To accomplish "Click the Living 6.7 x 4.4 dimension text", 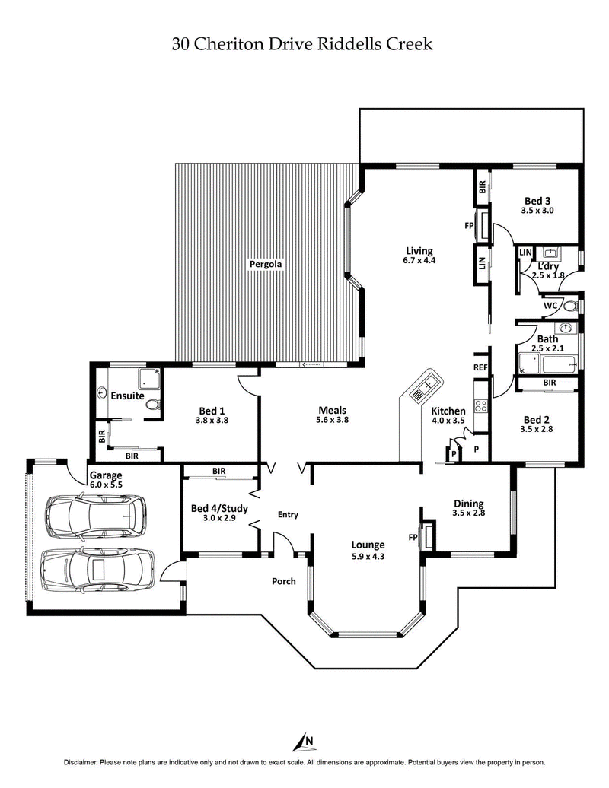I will (x=419, y=261).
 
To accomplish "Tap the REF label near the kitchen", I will (x=480, y=367).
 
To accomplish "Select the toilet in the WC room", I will (x=569, y=307).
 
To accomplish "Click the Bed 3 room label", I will (x=537, y=201).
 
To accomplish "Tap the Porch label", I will (x=284, y=582).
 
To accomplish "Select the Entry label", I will (x=288, y=515).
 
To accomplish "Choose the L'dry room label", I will (x=548, y=266).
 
